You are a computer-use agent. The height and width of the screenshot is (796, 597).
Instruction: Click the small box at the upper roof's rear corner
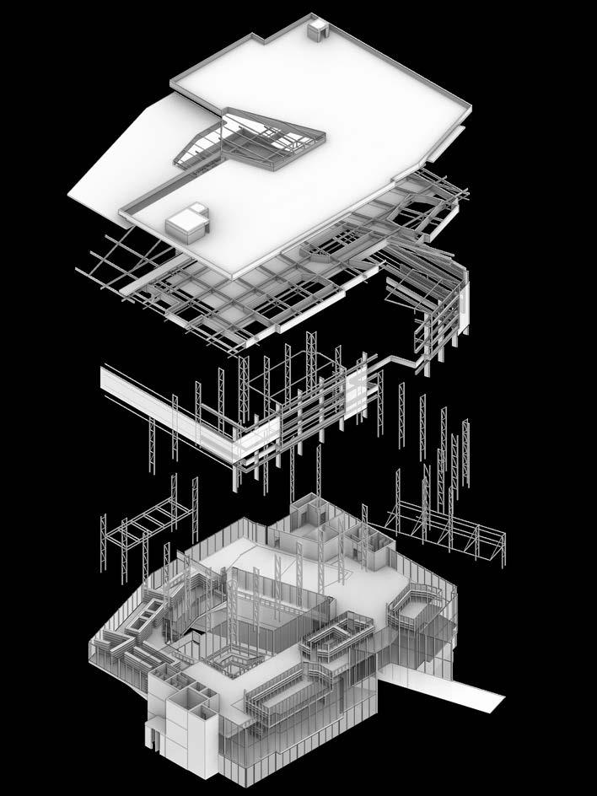318,30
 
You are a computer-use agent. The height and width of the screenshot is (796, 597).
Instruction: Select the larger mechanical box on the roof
186,222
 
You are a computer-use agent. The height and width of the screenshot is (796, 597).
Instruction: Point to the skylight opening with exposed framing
250,138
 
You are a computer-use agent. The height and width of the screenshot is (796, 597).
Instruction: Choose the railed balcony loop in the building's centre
337,632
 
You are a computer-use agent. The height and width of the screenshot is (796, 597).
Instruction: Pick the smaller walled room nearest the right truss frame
371,548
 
